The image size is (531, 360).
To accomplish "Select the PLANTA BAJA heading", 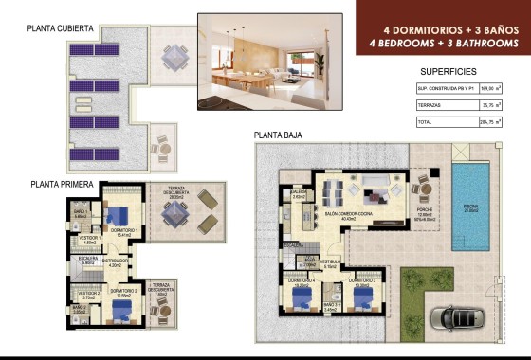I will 277,135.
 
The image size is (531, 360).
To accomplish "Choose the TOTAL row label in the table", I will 427,122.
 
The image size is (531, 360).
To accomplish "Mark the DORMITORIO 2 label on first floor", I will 122,290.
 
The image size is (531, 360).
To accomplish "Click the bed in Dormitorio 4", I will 302,297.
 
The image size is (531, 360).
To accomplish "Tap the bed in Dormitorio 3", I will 361,297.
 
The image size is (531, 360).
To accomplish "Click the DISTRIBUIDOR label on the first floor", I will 115,261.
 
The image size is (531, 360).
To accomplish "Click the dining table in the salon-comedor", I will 333,191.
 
